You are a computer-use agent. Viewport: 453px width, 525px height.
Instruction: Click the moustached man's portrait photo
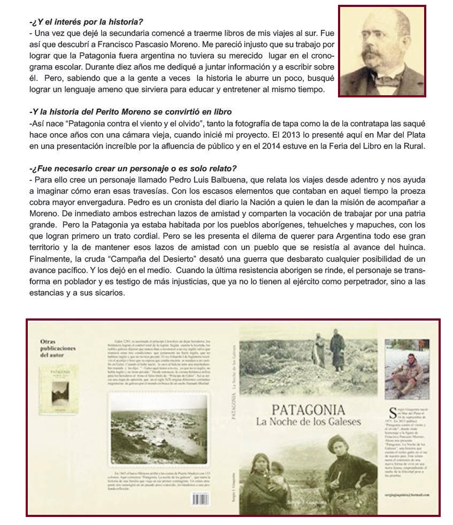(382, 51)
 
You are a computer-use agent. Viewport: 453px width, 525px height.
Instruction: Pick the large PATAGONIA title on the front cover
(309, 410)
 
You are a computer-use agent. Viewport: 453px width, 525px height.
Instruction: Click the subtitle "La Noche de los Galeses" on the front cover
(309, 422)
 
